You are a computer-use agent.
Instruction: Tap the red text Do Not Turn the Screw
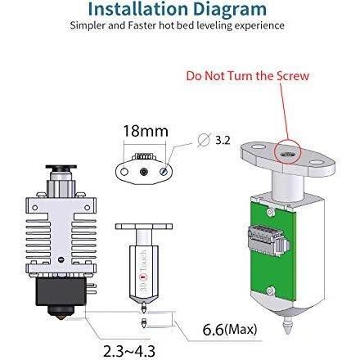(248, 76)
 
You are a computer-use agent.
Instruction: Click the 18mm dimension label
(146, 131)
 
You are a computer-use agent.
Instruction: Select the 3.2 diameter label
(223, 140)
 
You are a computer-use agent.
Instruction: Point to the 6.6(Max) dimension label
(230, 329)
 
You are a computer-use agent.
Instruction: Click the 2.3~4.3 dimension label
(129, 351)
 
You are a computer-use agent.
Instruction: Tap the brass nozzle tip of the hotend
(61, 317)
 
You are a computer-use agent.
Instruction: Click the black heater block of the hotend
(61, 291)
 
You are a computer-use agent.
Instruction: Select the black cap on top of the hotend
(61, 167)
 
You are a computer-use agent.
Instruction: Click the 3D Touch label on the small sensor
(143, 270)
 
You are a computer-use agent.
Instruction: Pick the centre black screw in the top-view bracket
(144, 172)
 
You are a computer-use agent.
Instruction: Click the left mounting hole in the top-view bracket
(124, 172)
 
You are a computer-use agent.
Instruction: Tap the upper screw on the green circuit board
(270, 212)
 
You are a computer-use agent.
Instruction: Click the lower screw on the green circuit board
(270, 290)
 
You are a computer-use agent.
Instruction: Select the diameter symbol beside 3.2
(205, 140)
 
